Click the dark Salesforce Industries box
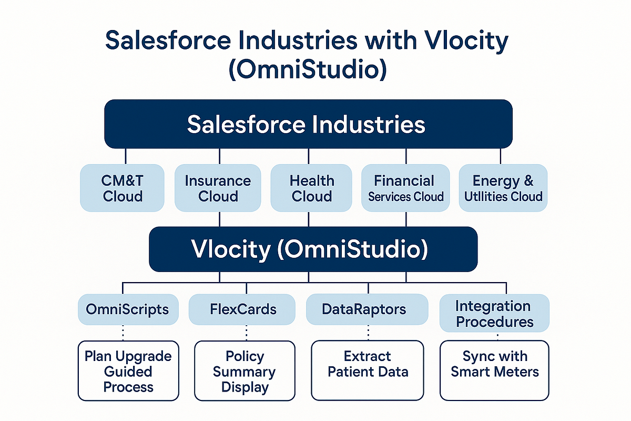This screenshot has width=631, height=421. [308, 124]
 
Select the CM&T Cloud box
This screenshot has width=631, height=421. [122, 188]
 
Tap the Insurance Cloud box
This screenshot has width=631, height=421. [218, 188]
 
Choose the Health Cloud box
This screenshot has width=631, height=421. [312, 188]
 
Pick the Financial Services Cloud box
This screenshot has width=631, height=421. [406, 188]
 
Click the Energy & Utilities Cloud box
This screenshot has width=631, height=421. [503, 188]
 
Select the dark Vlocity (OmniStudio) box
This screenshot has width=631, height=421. [313, 249]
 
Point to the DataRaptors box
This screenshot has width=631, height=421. [364, 309]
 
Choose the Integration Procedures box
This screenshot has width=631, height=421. [494, 313]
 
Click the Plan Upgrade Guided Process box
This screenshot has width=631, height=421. [128, 372]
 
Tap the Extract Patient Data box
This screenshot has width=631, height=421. [368, 370]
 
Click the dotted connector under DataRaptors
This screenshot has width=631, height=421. [368, 332]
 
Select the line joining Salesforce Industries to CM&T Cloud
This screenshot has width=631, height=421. [126, 156]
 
